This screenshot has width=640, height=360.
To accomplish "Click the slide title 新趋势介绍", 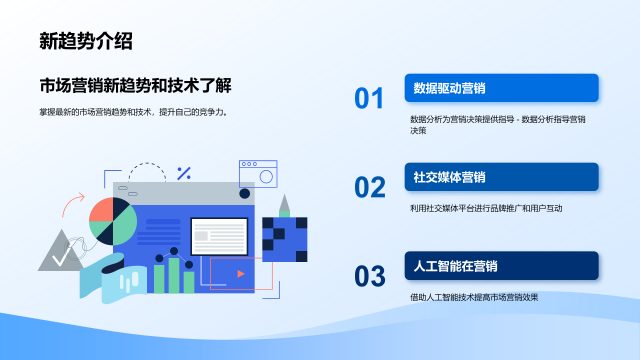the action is [85, 41].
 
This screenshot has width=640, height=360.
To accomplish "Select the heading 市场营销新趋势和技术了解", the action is [135, 85].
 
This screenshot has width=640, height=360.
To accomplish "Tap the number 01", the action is [369, 98].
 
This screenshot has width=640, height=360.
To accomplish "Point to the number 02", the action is [370, 187].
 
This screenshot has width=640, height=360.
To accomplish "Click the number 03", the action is [370, 276].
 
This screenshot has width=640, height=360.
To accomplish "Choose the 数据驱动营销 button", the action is [501, 88].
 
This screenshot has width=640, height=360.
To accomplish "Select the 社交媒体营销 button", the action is [501, 177].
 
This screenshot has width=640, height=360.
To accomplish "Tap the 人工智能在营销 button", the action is [501, 265].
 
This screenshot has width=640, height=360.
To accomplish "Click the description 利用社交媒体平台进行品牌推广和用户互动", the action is [486, 208].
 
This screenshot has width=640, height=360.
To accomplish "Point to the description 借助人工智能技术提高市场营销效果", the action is [474, 297].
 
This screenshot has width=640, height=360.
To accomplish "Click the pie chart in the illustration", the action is [113, 221].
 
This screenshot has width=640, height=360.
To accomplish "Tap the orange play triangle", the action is [241, 273].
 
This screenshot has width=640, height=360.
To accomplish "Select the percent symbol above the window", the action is [183, 173].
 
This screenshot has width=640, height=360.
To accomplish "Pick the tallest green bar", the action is [174, 275].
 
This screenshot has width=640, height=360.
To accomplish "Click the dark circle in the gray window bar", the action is [244, 193].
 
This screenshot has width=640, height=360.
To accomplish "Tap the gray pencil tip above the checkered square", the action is [284, 202].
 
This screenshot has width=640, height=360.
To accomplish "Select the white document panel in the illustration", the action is [219, 236].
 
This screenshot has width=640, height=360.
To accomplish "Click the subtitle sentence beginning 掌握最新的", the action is [133, 112].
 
